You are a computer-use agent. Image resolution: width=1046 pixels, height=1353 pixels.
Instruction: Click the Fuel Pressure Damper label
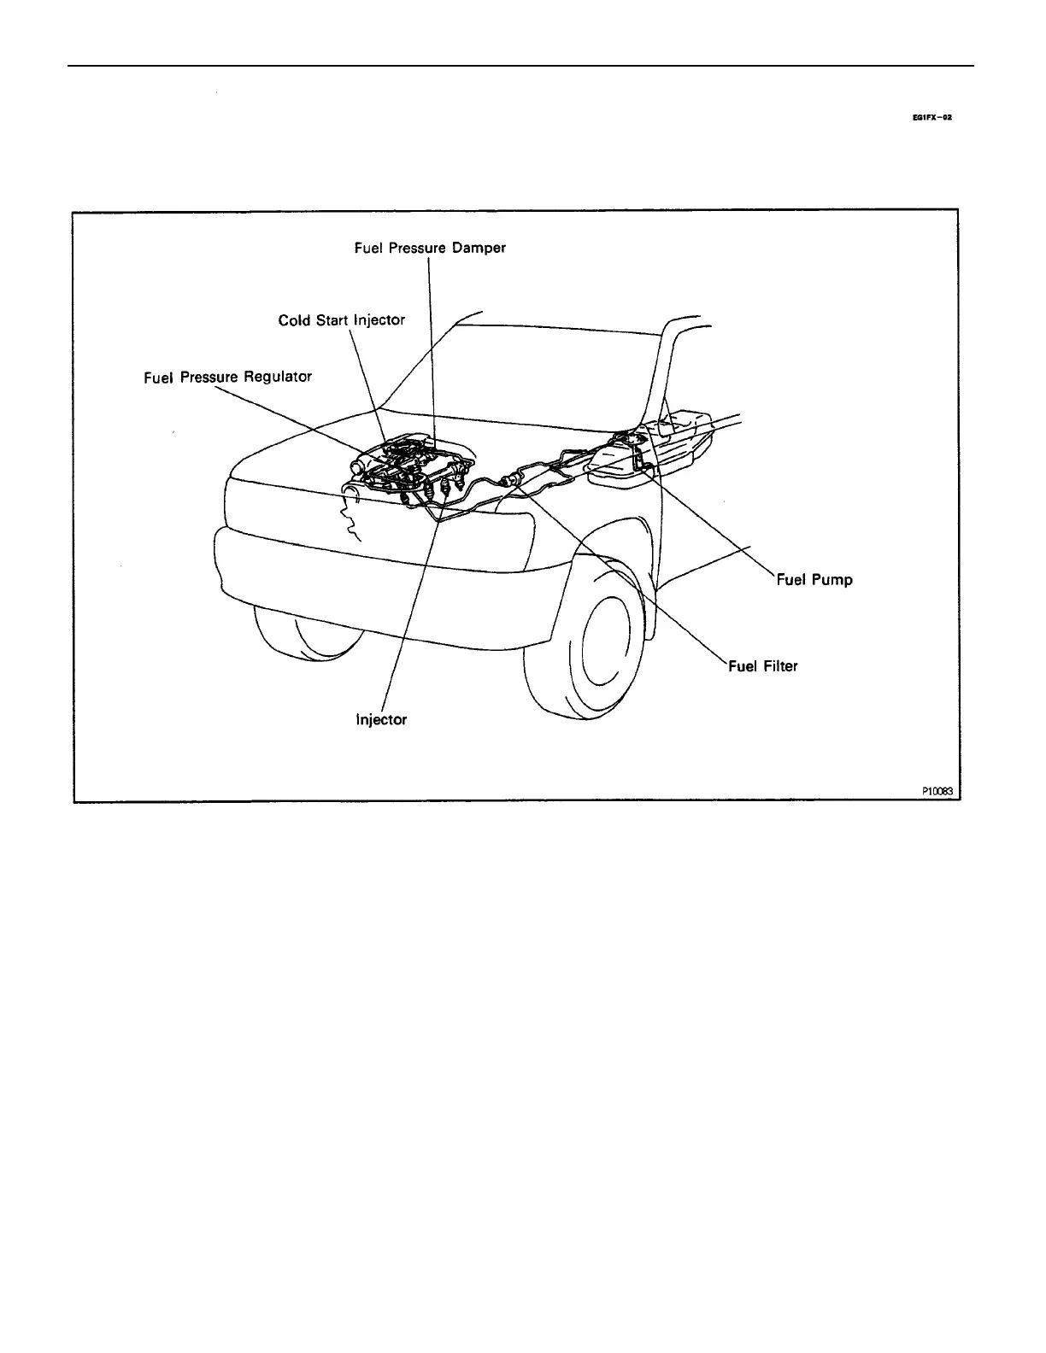coord(430,248)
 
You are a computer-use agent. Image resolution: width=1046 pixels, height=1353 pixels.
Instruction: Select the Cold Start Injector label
coord(341,320)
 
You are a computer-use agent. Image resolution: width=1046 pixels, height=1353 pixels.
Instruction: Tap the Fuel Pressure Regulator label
coord(228,376)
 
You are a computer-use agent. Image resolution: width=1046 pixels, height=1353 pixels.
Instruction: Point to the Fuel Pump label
coord(814,580)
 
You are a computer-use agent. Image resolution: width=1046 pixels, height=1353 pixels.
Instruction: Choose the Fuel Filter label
coord(763,666)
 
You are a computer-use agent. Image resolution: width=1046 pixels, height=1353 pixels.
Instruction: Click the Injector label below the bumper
coord(381,720)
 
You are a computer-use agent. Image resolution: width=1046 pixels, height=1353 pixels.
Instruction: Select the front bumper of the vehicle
coord(376,564)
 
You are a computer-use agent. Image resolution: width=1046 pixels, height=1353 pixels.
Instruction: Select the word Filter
coord(780,666)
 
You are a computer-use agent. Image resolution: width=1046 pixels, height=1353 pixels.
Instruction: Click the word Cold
coord(294,320)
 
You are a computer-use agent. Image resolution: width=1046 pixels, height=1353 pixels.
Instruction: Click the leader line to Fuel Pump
coord(709,521)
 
